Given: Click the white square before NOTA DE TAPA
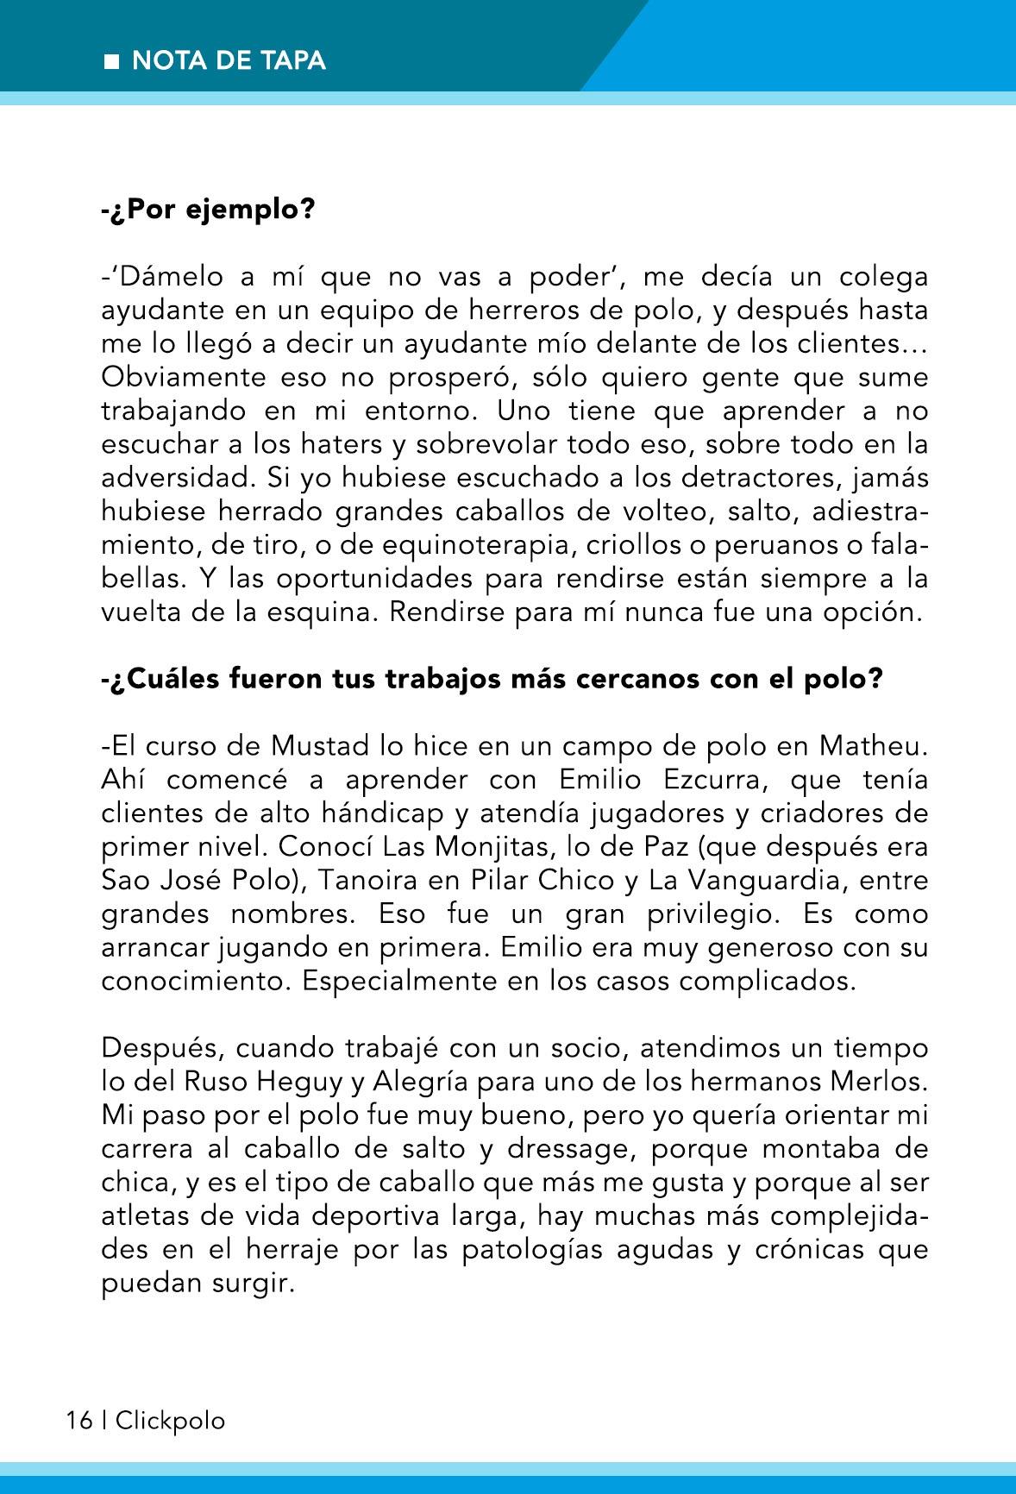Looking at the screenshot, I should pyautogui.click(x=112, y=61).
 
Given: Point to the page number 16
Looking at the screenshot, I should pyautogui.click(x=78, y=1421).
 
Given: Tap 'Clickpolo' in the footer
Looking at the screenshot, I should pyautogui.click(x=170, y=1421).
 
